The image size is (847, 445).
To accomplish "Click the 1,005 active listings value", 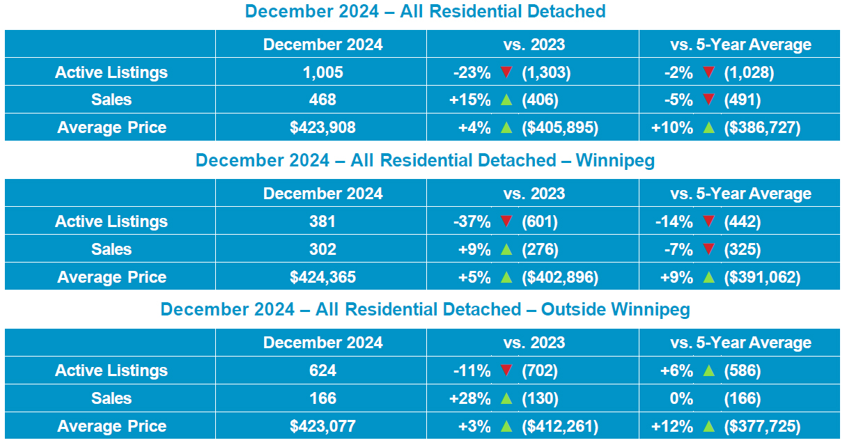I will point(323,72).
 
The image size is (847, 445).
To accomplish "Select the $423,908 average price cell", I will point(323,128).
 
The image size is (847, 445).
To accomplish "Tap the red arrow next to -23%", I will point(506,72).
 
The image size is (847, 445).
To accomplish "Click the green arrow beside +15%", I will point(506,100).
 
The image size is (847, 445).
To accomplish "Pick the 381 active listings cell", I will point(323,221).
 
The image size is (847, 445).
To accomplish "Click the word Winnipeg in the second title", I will point(615,160).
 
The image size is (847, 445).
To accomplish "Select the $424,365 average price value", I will point(323,277).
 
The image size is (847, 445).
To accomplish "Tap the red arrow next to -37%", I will point(506,221).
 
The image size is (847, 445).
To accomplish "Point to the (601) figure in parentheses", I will point(540,221).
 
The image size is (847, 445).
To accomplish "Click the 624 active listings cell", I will point(323,370).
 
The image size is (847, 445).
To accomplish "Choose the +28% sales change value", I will point(470,398).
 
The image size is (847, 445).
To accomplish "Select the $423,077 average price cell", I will point(323,426).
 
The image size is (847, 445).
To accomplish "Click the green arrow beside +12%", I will point(709,426).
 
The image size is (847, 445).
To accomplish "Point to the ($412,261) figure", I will point(560,426).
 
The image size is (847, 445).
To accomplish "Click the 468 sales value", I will point(323,100).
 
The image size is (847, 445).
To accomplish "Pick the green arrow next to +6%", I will point(709,370).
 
